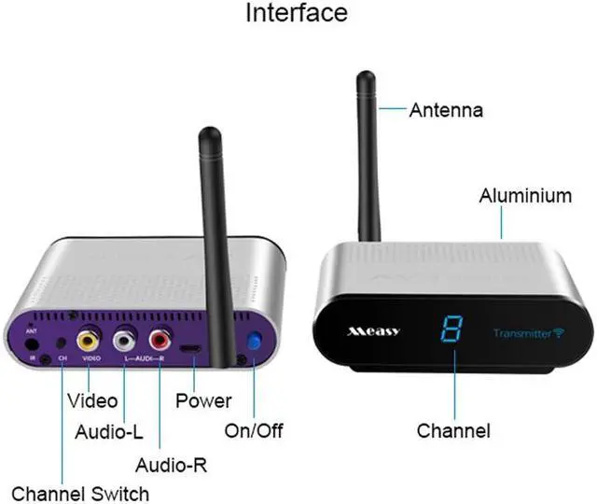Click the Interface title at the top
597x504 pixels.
(x=297, y=14)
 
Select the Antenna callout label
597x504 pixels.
(x=446, y=110)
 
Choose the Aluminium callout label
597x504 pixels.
(x=525, y=196)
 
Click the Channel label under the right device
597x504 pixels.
(x=452, y=431)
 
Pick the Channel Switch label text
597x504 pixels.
(x=80, y=492)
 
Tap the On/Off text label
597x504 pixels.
(x=253, y=431)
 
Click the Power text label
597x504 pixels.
(x=203, y=401)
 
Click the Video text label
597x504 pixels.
(x=93, y=401)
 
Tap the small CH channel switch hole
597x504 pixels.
(x=62, y=342)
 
